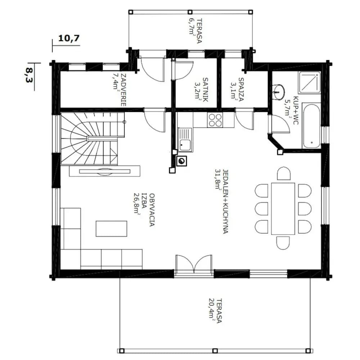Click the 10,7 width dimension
click(69, 38)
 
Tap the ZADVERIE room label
click(123, 90)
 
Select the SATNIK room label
click(206, 90)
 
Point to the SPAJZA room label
click(241, 90)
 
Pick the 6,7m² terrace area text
click(192, 26)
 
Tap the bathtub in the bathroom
click(311, 126)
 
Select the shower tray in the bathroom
click(309, 82)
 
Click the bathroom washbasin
click(279, 92)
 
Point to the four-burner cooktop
click(215, 120)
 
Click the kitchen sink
click(185, 140)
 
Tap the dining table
click(283, 208)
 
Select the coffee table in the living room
click(111, 229)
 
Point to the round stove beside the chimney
click(181, 161)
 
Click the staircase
click(92, 139)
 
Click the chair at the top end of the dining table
click(284, 174)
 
